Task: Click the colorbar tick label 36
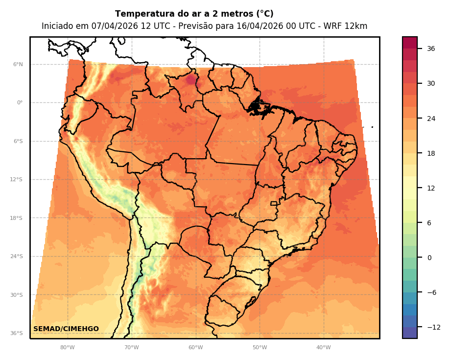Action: pyautogui.click(x=431, y=48)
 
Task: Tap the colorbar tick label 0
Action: pyautogui.click(x=429, y=258)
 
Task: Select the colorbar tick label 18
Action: pyautogui.click(x=431, y=153)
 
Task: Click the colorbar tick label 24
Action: pyautogui.click(x=431, y=119)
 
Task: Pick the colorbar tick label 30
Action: pyautogui.click(x=431, y=83)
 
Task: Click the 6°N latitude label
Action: pyautogui.click(x=18, y=64)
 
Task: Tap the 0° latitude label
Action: pyautogui.click(x=20, y=103)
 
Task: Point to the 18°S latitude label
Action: pyautogui.click(x=16, y=218)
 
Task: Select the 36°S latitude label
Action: pyautogui.click(x=16, y=334)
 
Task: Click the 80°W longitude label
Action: pyautogui.click(x=67, y=348)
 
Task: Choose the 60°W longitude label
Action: pyautogui.click(x=195, y=348)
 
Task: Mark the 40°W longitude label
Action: pyautogui.click(x=323, y=348)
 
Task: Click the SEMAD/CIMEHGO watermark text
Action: pyautogui.click(x=66, y=329)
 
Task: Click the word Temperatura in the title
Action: pyautogui.click(x=139, y=14)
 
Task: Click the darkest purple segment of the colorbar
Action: pyautogui.click(x=410, y=333)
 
